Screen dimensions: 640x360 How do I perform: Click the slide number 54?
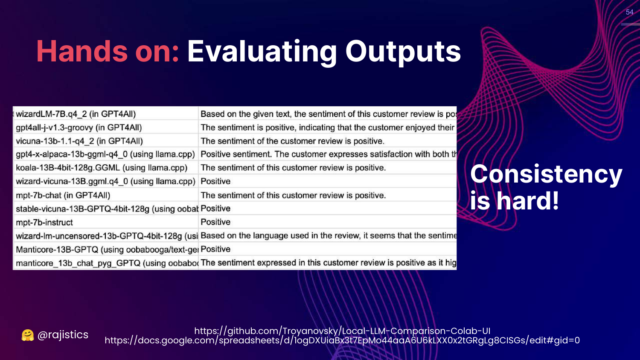629,12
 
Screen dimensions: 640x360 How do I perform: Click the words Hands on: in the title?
108,52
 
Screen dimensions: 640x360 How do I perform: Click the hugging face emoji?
27,335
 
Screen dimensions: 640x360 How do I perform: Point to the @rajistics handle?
63,335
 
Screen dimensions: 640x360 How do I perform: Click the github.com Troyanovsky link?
342,331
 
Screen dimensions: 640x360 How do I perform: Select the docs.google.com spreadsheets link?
342,340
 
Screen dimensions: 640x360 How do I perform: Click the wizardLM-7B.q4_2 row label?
76,114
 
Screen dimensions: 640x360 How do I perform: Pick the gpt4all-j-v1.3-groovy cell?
79,128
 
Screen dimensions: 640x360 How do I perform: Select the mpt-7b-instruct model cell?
44,222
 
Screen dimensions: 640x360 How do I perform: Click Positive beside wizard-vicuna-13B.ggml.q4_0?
215,181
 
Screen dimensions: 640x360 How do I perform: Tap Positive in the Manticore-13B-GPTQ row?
215,249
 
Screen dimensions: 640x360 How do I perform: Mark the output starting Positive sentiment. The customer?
329,154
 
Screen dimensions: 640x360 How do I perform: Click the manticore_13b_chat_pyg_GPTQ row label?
107,263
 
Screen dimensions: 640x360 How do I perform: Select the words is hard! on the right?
514,200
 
